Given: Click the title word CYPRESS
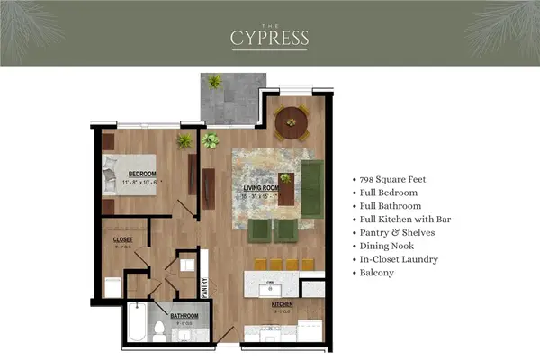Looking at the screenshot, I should [x=269, y=38].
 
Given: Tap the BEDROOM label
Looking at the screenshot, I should [x=142, y=174].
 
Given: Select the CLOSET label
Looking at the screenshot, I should [x=123, y=240].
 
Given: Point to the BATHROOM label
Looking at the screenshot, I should [x=184, y=316].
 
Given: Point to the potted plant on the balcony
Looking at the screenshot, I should [x=215, y=82].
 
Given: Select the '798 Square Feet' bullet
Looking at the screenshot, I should [x=392, y=179].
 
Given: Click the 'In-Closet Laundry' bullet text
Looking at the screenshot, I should [x=400, y=258].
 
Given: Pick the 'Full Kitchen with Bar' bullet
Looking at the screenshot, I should [x=403, y=219].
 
